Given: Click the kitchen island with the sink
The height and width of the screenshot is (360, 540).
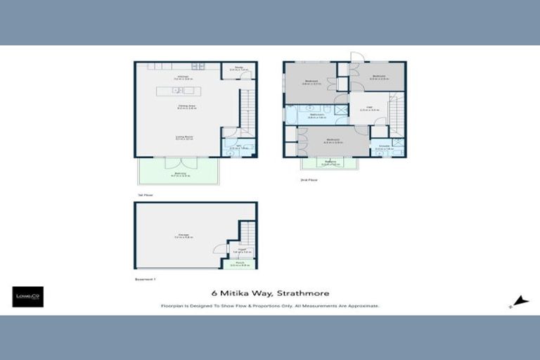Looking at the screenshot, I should pyautogui.click(x=178, y=90).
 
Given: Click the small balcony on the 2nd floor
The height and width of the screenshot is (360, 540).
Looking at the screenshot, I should pyautogui.click(x=329, y=163).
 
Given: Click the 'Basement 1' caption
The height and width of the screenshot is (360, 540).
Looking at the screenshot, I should pyautogui.click(x=145, y=278).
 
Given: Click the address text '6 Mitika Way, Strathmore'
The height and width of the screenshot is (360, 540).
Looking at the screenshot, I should pyautogui.click(x=270, y=293).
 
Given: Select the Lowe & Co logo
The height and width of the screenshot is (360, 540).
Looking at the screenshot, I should pyautogui.click(x=27, y=296).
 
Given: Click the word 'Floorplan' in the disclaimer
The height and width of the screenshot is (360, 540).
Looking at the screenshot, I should pyautogui.click(x=172, y=307).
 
